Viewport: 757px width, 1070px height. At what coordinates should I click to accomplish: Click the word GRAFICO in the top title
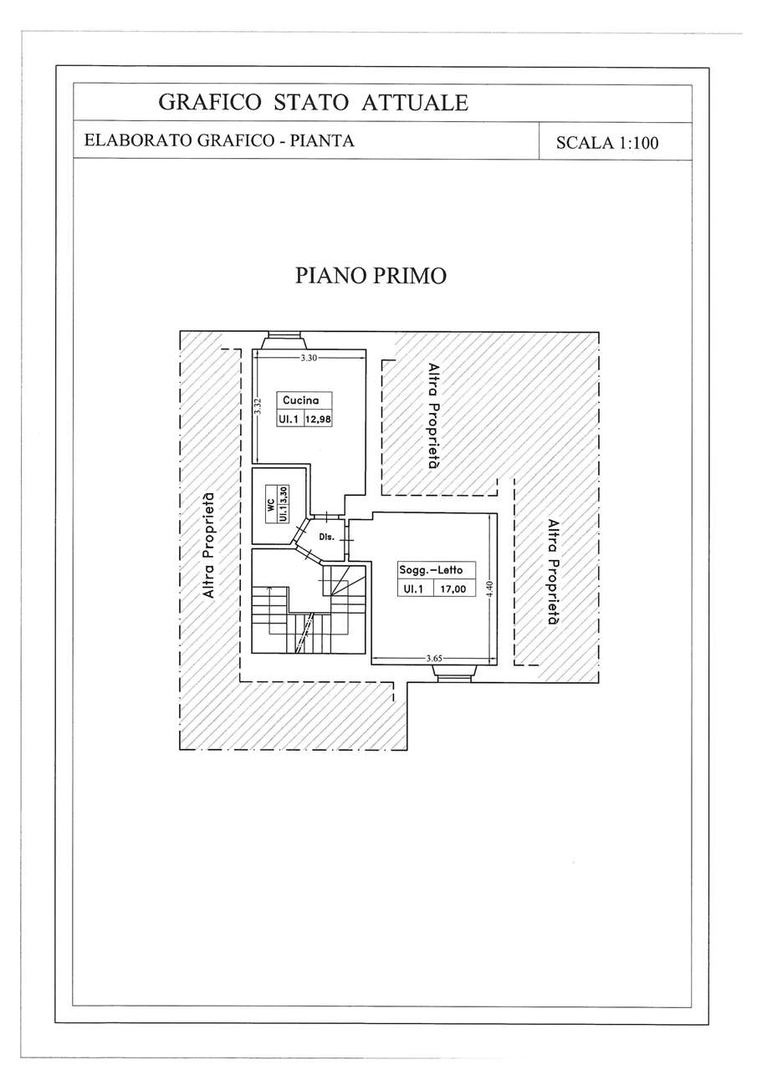tap(209, 102)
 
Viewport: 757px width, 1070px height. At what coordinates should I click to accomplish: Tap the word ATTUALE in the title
tap(414, 102)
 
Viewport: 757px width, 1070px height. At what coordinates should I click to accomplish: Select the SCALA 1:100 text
tap(607, 143)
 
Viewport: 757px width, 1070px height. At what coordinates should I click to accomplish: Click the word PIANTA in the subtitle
tap(323, 140)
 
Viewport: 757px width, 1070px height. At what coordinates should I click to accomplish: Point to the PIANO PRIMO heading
tap(371, 276)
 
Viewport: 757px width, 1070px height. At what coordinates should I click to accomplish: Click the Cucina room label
tap(300, 400)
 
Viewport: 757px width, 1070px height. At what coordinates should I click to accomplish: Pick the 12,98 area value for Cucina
tap(319, 420)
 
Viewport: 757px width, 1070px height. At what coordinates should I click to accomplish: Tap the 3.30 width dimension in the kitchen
tap(309, 358)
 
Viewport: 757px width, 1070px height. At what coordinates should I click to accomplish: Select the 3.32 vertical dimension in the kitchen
tap(257, 406)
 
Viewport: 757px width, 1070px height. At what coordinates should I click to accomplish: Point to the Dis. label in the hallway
tap(326, 537)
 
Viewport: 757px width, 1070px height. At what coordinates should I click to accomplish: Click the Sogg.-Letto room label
tap(431, 570)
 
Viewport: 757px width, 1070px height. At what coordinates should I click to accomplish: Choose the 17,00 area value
tap(453, 589)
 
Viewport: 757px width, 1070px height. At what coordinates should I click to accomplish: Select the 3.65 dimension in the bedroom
tap(434, 658)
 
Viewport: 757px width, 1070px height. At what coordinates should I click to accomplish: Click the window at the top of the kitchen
tap(284, 341)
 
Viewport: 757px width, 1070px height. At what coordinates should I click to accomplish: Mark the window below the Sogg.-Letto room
tap(454, 671)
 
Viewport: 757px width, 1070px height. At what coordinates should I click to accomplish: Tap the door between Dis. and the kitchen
tap(326, 517)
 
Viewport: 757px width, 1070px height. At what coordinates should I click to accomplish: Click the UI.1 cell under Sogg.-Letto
tap(414, 589)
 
